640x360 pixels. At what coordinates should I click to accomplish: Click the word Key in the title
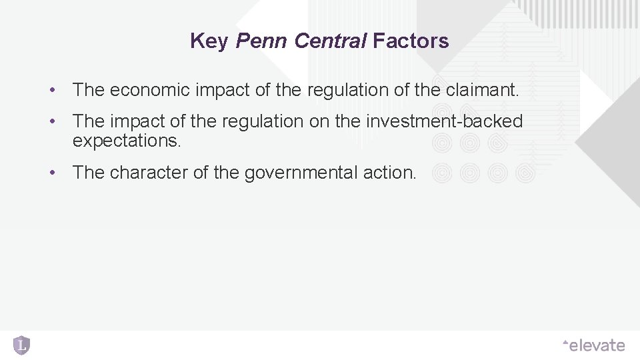pyautogui.click(x=209, y=41)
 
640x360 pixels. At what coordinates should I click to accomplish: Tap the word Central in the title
pyautogui.click(x=330, y=41)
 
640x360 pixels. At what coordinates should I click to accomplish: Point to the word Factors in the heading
pyautogui.click(x=411, y=41)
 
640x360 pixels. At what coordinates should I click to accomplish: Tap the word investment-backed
pyautogui.click(x=445, y=121)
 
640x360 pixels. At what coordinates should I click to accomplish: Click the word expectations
pyautogui.click(x=127, y=141)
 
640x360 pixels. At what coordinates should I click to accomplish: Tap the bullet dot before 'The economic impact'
pyautogui.click(x=51, y=90)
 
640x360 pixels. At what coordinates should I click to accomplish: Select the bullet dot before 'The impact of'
pyautogui.click(x=51, y=121)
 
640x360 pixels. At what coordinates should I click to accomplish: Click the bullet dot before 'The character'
pyautogui.click(x=51, y=173)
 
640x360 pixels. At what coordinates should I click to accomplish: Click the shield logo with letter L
pyautogui.click(x=22, y=345)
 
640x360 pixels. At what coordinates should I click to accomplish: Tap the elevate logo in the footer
pyautogui.click(x=593, y=345)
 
